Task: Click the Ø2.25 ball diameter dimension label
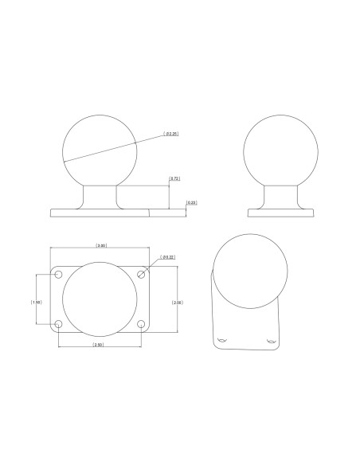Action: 171,134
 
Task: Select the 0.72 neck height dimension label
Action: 175,180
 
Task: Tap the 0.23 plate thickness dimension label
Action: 192,203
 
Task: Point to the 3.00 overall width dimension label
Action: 102,245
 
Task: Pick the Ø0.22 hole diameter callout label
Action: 168,256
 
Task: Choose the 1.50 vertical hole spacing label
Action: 36,303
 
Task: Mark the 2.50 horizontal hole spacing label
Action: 98,345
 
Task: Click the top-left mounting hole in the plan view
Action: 59,274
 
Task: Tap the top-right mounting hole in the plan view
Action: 142,274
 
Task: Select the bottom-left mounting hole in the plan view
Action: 59,324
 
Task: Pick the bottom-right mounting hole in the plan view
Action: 142,324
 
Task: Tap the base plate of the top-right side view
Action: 283,213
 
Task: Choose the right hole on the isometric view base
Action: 270,342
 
